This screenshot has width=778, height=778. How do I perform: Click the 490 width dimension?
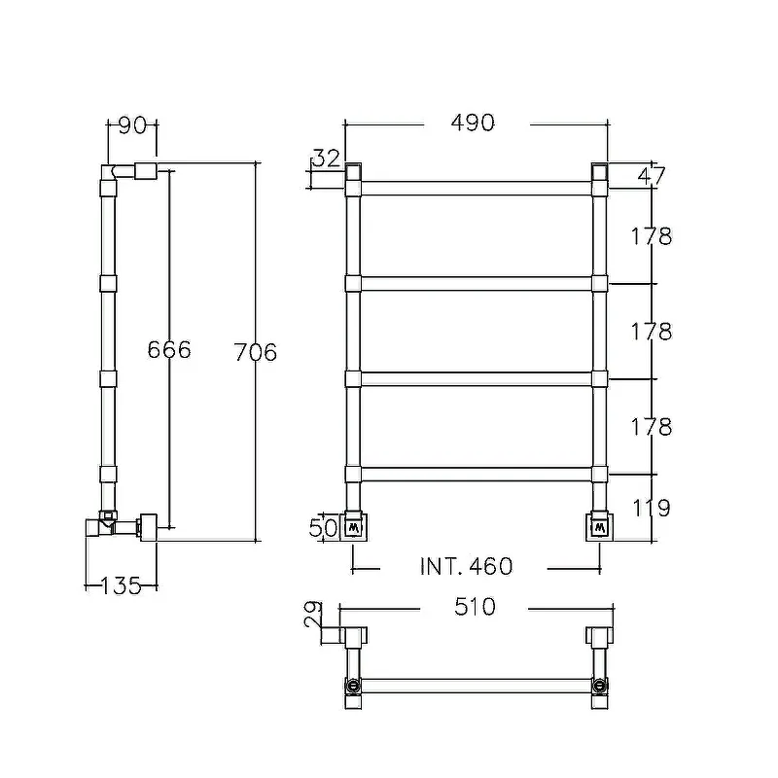[473, 124]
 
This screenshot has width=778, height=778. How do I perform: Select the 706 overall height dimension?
[256, 352]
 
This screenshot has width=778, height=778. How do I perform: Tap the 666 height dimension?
[169, 350]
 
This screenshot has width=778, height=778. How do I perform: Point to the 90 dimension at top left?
[132, 125]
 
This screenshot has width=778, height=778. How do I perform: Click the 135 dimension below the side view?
[121, 586]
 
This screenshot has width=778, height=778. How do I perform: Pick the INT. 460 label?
[466, 567]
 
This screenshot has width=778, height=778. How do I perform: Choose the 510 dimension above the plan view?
[475, 607]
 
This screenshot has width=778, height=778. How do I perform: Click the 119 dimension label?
[652, 508]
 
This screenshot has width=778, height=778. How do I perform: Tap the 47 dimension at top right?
[652, 176]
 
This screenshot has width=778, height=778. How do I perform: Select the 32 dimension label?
[328, 159]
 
